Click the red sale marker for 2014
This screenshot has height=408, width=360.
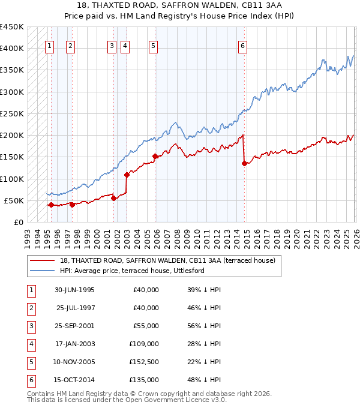(244, 163)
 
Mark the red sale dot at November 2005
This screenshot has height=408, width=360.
(155, 156)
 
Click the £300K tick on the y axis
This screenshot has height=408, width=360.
(12, 92)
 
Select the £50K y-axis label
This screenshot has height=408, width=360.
(14, 200)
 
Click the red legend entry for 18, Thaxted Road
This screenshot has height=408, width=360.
(167, 260)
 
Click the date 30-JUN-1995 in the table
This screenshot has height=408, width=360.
(74, 290)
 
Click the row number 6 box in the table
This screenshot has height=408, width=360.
(30, 380)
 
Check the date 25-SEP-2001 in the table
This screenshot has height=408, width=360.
(74, 326)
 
